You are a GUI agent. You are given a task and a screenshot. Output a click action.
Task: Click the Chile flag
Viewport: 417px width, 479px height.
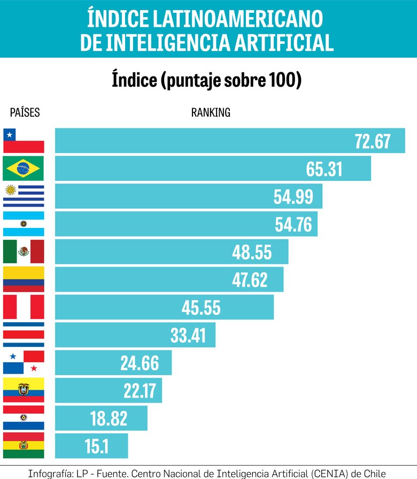click(24, 141)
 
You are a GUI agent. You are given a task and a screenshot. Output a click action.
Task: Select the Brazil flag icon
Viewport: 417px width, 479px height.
click(24, 169)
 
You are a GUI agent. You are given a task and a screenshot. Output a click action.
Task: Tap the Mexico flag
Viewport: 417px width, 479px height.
click(24, 252)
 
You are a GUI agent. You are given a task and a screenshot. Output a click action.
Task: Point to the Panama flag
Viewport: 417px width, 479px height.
click(24, 362)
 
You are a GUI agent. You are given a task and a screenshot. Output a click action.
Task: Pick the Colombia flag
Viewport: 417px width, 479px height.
click(24, 279)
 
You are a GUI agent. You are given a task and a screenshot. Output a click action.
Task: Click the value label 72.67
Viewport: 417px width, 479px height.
click(373, 141)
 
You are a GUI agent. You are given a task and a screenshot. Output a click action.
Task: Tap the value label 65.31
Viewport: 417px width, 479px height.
click(324, 169)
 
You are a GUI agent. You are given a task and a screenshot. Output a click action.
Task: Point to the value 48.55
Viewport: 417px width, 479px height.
click(252, 252)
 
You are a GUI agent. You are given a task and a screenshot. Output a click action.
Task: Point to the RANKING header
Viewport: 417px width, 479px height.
click(211, 113)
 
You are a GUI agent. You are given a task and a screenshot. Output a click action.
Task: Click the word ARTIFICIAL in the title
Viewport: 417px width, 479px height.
click(283, 42)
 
